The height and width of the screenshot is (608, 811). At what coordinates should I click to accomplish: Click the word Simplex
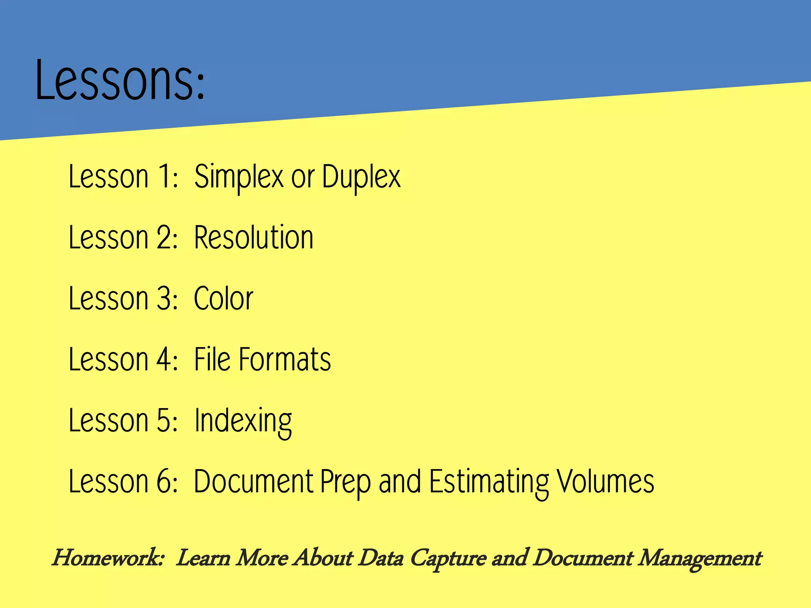[238, 177]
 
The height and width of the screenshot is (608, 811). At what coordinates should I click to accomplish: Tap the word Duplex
[361, 177]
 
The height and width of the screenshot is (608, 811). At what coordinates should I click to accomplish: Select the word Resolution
[254, 237]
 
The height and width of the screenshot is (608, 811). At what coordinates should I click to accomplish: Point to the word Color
[223, 298]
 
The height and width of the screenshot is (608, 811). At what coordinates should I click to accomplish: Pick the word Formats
[285, 359]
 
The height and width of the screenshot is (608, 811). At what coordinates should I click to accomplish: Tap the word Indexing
[243, 421]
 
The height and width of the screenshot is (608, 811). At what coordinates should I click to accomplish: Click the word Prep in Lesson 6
[345, 482]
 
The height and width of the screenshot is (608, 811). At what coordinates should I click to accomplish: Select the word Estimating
[489, 482]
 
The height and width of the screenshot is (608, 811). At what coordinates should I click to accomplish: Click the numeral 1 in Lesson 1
[164, 177]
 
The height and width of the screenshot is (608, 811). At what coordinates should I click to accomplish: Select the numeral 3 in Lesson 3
[164, 298]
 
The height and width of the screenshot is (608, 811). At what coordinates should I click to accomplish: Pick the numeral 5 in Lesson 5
[164, 420]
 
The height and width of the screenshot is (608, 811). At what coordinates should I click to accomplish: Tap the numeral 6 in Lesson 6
[164, 481]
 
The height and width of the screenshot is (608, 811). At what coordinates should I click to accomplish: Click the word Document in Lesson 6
[253, 481]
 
